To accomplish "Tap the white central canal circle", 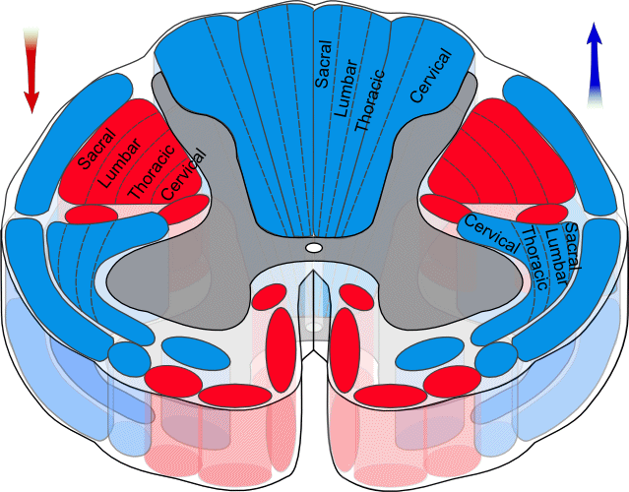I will pos(313,248).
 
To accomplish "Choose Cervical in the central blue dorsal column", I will pos(430,77).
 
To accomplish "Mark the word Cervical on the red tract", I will pos(186,173).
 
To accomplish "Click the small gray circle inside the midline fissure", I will pos(313,323).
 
